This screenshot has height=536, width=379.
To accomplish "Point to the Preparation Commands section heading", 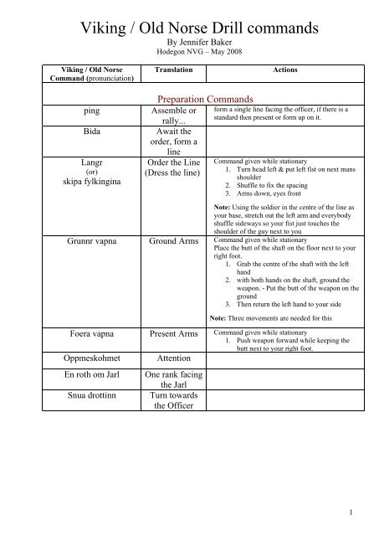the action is coord(188,97).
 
